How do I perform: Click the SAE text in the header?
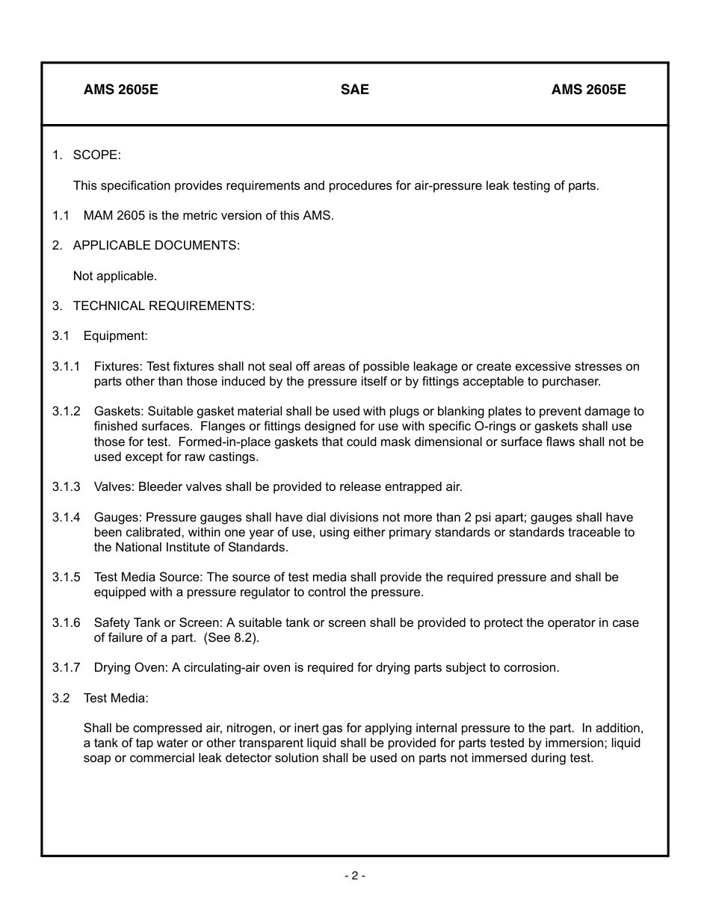tap(354, 90)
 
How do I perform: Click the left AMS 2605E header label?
tap(121, 90)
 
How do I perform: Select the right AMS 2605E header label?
tap(589, 90)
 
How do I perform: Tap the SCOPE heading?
tap(96, 155)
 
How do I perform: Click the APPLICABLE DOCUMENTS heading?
tap(156, 246)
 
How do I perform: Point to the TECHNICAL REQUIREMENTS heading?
tap(164, 306)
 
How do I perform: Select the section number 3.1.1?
tap(66, 367)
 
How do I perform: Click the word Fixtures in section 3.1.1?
tap(117, 367)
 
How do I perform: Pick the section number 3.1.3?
tap(66, 487)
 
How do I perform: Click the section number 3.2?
tap(61, 699)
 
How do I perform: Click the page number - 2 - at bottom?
tap(354, 876)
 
